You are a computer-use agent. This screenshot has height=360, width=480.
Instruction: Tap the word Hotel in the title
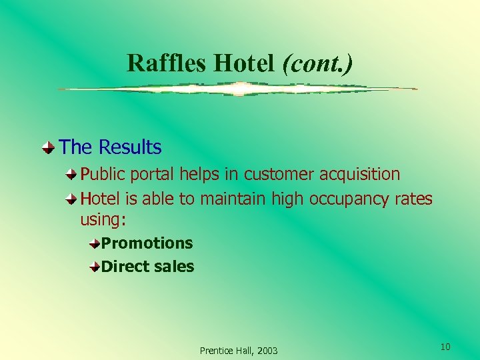(x=243, y=63)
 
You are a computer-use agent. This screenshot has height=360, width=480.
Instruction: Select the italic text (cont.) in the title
(x=318, y=63)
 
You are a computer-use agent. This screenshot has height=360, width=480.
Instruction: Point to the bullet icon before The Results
(x=48, y=147)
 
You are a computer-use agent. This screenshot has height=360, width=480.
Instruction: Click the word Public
(x=103, y=175)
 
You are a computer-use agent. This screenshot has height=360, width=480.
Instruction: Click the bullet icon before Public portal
(x=72, y=175)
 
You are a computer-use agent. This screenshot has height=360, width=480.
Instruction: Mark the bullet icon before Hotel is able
(x=72, y=199)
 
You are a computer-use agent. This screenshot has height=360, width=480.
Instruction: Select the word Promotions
(x=147, y=243)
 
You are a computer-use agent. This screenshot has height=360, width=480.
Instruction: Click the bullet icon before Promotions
(x=95, y=243)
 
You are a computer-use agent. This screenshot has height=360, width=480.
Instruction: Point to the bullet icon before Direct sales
(x=95, y=267)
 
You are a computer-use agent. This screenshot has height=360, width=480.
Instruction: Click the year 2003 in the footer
(x=267, y=351)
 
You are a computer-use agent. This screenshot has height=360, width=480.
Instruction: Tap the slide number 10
(x=445, y=347)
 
